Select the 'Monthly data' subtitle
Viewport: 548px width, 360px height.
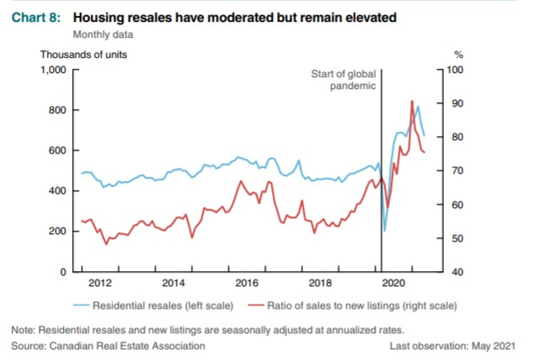coord(103,34)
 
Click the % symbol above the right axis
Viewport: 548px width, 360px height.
coord(457,55)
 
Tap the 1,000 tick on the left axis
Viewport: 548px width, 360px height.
coord(53,70)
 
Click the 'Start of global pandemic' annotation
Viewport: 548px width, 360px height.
coord(343,81)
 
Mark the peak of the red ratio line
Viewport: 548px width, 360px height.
coord(412,102)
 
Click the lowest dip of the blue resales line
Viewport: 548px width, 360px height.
coord(385,231)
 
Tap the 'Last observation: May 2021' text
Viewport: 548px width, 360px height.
coord(452,346)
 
